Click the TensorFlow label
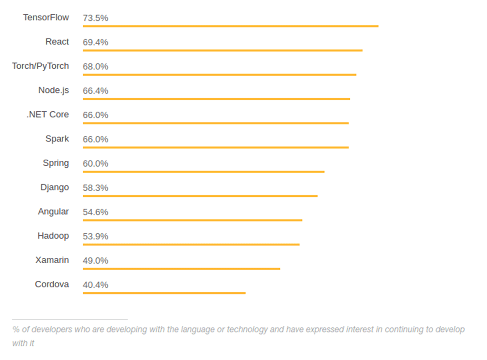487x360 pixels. [46, 17]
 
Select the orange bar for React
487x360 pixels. [222, 50]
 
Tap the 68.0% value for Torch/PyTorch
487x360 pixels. [95, 67]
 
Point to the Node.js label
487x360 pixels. [53, 90]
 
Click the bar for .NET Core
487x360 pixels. [216, 123]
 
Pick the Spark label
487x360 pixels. [57, 139]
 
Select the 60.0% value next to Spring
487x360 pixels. [95, 164]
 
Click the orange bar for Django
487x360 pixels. [200, 196]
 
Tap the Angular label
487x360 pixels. [53, 211]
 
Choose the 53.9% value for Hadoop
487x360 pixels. [95, 236]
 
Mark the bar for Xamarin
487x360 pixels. [181, 269]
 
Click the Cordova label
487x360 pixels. [52, 284]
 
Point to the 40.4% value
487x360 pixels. [95, 285]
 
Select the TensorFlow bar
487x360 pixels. [230, 26]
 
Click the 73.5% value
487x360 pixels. [95, 18]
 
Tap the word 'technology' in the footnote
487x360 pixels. [247, 329]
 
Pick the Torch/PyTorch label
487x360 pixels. [40, 66]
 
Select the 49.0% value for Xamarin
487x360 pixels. [95, 261]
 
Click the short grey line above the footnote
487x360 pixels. [69, 319]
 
